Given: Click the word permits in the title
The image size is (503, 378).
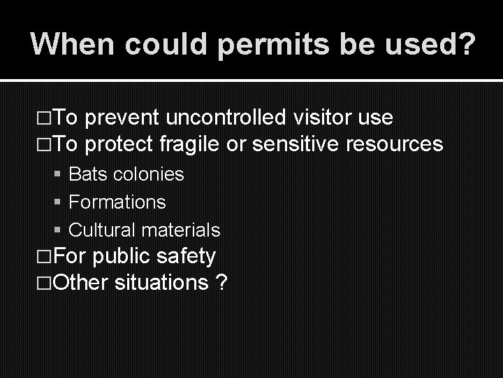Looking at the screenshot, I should (x=260, y=44).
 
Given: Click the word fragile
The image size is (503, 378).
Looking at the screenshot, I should (x=189, y=144).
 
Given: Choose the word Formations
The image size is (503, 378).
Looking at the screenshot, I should (x=117, y=202).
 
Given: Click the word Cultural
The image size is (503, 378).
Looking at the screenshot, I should (x=102, y=230).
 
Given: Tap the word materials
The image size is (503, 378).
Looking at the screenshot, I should (x=180, y=230).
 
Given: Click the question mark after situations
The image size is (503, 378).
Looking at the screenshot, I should (x=221, y=283).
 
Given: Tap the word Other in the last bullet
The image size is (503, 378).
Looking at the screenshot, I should (x=78, y=283).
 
